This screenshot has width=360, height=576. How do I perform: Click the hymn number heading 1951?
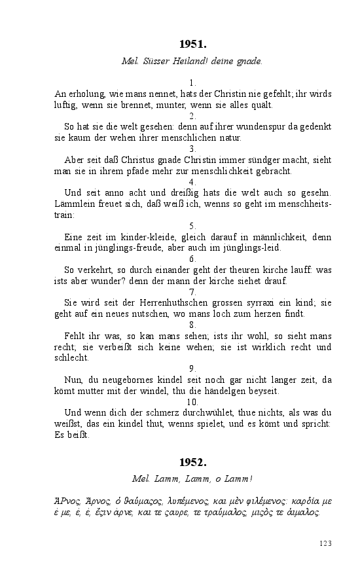click(192, 45)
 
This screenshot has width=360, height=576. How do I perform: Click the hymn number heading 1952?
click(192, 463)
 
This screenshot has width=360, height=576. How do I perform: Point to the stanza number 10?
click(192, 401)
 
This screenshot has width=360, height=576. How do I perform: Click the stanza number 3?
click(192, 149)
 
